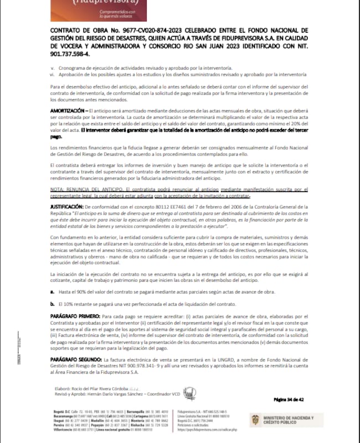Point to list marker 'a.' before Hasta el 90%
pyautogui.click(x=53, y=291)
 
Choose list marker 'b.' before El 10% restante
pyautogui.click(x=53, y=304)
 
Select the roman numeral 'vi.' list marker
pyautogui.click(x=52, y=73)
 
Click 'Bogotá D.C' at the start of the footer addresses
pyautogui.click(x=57, y=413)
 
